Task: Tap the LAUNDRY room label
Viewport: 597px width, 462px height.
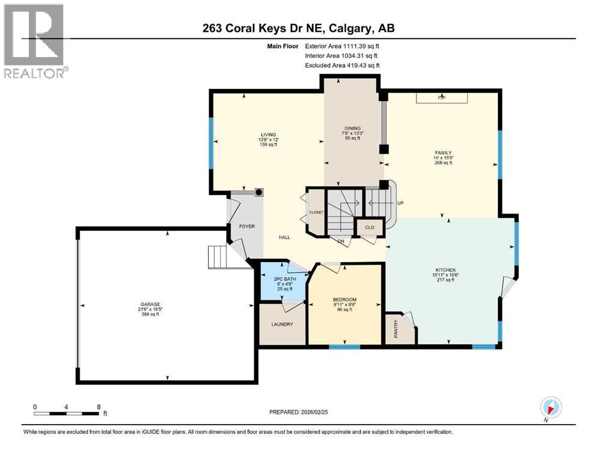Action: click(x=281, y=324)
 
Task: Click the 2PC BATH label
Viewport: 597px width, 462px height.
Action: click(x=283, y=279)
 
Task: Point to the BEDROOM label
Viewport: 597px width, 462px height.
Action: click(x=344, y=300)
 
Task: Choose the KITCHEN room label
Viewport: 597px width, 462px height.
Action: click(x=446, y=270)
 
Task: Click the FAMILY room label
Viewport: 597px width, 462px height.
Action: click(x=444, y=153)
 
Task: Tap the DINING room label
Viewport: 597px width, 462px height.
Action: click(x=352, y=128)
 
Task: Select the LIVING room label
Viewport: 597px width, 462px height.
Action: click(x=268, y=134)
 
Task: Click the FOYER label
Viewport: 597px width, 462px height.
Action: click(x=247, y=227)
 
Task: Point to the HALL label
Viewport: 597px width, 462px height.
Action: click(x=284, y=237)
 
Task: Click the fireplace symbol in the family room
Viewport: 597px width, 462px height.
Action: click(x=442, y=97)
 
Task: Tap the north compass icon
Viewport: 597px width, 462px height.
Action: click(x=551, y=407)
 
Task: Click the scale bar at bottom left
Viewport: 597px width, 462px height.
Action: click(x=66, y=413)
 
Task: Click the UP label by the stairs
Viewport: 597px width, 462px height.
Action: click(x=399, y=203)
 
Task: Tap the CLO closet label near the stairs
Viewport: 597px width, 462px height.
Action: click(x=368, y=228)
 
